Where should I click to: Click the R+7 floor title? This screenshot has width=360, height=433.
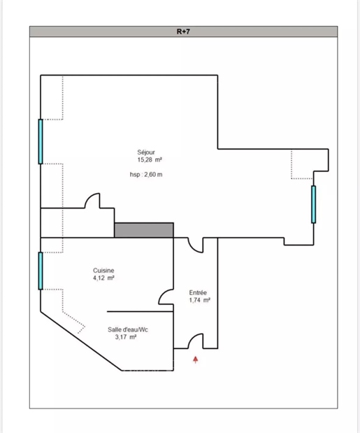click(x=183, y=31)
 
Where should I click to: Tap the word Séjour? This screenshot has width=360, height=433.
click(x=146, y=152)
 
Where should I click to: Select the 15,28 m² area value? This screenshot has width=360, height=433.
click(x=150, y=159)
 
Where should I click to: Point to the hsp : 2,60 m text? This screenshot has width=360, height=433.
click(x=146, y=174)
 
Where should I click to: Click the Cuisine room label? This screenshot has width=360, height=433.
click(x=103, y=270)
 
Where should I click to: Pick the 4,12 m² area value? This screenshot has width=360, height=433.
click(x=103, y=278)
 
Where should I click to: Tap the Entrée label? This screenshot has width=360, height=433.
click(x=198, y=292)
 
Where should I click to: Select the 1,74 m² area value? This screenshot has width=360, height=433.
click(x=200, y=300)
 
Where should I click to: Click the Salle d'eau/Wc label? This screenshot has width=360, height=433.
click(x=128, y=329)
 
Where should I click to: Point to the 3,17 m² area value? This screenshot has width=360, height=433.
click(x=126, y=337)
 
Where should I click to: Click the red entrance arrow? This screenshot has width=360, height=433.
click(x=196, y=360)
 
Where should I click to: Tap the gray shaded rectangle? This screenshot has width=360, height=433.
click(x=144, y=230)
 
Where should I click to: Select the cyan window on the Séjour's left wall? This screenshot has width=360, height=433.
click(x=41, y=142)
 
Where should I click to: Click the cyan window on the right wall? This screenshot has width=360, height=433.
click(x=314, y=204)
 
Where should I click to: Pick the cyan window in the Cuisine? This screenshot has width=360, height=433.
click(x=41, y=271)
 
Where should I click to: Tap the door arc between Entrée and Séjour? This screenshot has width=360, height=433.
click(x=192, y=248)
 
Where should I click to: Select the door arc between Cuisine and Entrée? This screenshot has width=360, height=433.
click(x=162, y=293)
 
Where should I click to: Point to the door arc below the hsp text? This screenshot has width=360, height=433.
click(x=89, y=197)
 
